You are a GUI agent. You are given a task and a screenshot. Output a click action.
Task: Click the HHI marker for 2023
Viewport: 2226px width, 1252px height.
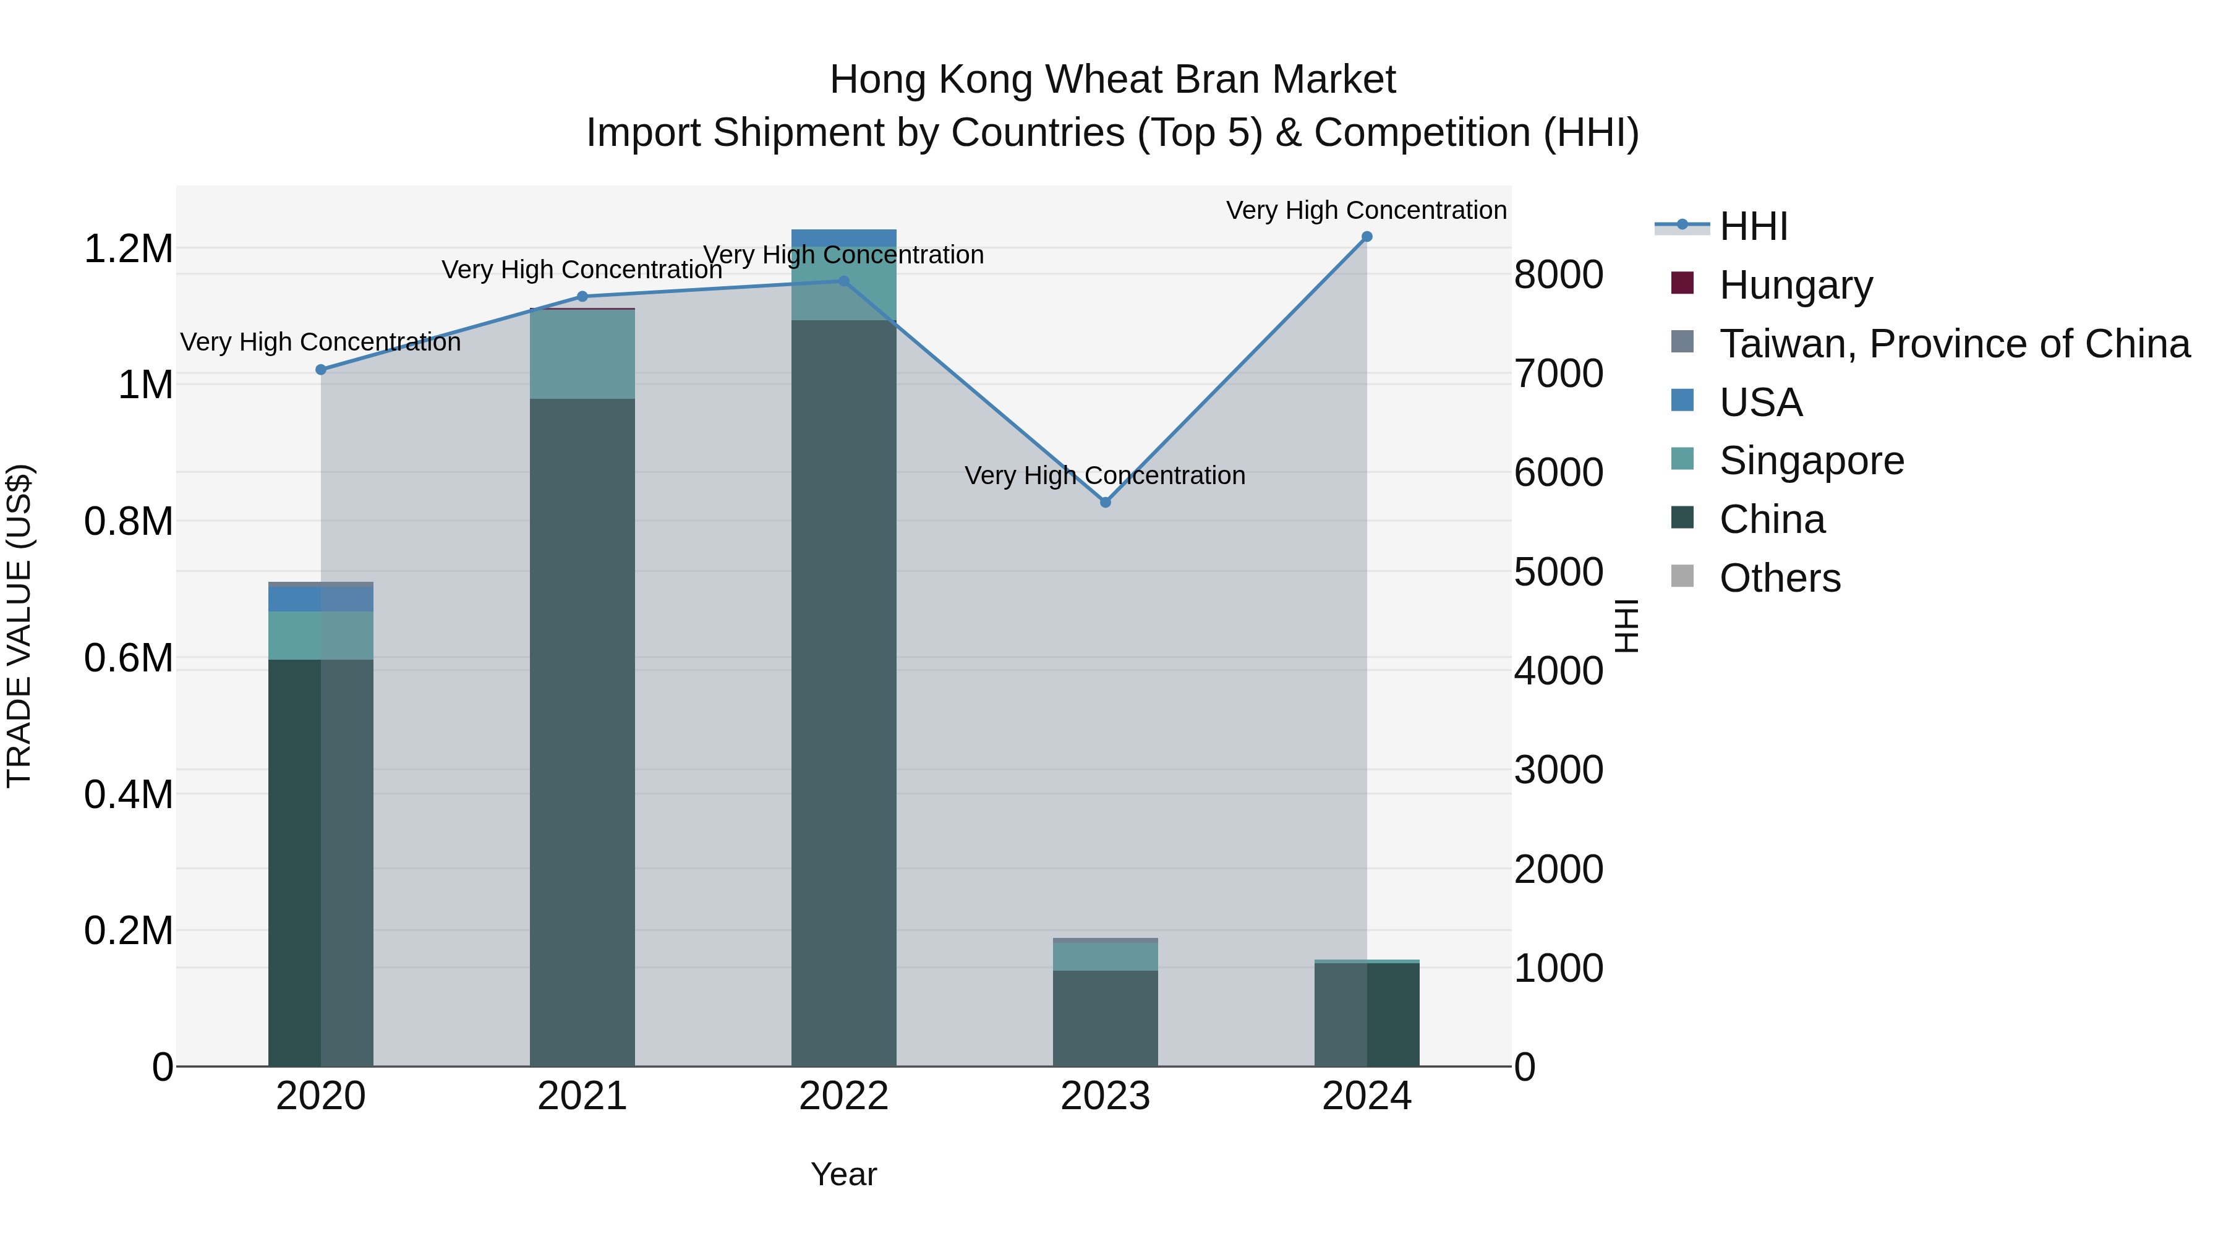(x=1105, y=502)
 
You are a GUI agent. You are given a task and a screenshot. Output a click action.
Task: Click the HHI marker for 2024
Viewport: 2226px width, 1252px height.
(x=1366, y=237)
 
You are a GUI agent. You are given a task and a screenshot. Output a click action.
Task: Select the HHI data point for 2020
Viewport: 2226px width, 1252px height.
(x=320, y=370)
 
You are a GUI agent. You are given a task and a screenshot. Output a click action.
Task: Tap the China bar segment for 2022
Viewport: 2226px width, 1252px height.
(x=843, y=691)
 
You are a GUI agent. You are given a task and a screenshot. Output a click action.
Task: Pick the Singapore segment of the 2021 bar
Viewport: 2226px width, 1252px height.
(x=582, y=354)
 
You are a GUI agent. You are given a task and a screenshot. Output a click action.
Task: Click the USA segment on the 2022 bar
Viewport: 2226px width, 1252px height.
(x=843, y=239)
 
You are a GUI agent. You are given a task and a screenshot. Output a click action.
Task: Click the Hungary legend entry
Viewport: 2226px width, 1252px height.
(x=1795, y=285)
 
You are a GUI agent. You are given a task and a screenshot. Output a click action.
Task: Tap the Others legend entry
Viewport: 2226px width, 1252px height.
(x=1779, y=578)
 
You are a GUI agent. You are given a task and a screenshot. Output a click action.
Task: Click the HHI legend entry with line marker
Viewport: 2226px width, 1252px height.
(x=1752, y=226)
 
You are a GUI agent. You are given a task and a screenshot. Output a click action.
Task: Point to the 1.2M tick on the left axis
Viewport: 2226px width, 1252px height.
(x=128, y=249)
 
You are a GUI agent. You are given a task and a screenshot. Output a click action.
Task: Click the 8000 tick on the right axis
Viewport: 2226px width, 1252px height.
(x=1558, y=275)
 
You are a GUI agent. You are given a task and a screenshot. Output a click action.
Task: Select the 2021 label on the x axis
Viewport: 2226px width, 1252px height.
(x=582, y=1096)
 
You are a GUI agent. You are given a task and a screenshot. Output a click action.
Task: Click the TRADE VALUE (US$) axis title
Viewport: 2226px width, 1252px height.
(x=19, y=626)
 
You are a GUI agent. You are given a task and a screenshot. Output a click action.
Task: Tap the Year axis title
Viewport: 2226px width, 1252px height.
(x=843, y=1174)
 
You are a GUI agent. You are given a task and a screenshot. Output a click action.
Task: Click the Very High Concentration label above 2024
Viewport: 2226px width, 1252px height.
(x=1365, y=210)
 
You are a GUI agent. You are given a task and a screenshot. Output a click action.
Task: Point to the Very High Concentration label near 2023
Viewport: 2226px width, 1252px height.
(x=1104, y=475)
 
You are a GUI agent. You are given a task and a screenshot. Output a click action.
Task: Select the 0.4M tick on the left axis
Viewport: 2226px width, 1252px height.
(x=128, y=794)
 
